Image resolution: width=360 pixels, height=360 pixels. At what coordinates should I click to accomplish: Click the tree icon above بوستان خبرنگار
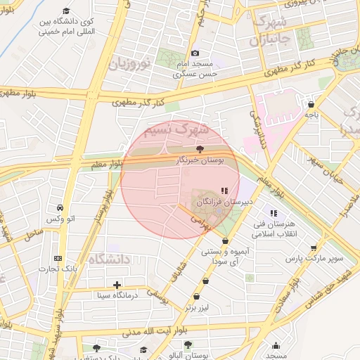[x=200, y=149]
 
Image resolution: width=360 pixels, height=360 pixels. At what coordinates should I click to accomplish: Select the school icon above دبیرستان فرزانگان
[x=224, y=191]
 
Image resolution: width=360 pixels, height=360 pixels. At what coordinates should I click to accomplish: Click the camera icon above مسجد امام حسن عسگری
[x=195, y=53]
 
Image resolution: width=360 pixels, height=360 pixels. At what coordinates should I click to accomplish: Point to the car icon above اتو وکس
[x=60, y=208]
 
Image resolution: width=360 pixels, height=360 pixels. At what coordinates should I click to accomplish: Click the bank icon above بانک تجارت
[x=58, y=258]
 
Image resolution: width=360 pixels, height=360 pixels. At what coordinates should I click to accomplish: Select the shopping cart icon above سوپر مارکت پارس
[x=314, y=247]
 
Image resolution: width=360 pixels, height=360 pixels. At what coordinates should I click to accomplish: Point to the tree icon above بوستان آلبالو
[x=188, y=345]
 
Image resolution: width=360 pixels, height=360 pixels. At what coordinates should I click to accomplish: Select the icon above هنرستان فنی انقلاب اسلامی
[x=274, y=213]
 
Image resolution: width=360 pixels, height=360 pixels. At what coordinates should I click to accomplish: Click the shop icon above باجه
[x=311, y=104]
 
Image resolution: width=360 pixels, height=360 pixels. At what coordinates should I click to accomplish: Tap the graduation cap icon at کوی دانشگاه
[x=66, y=11]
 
